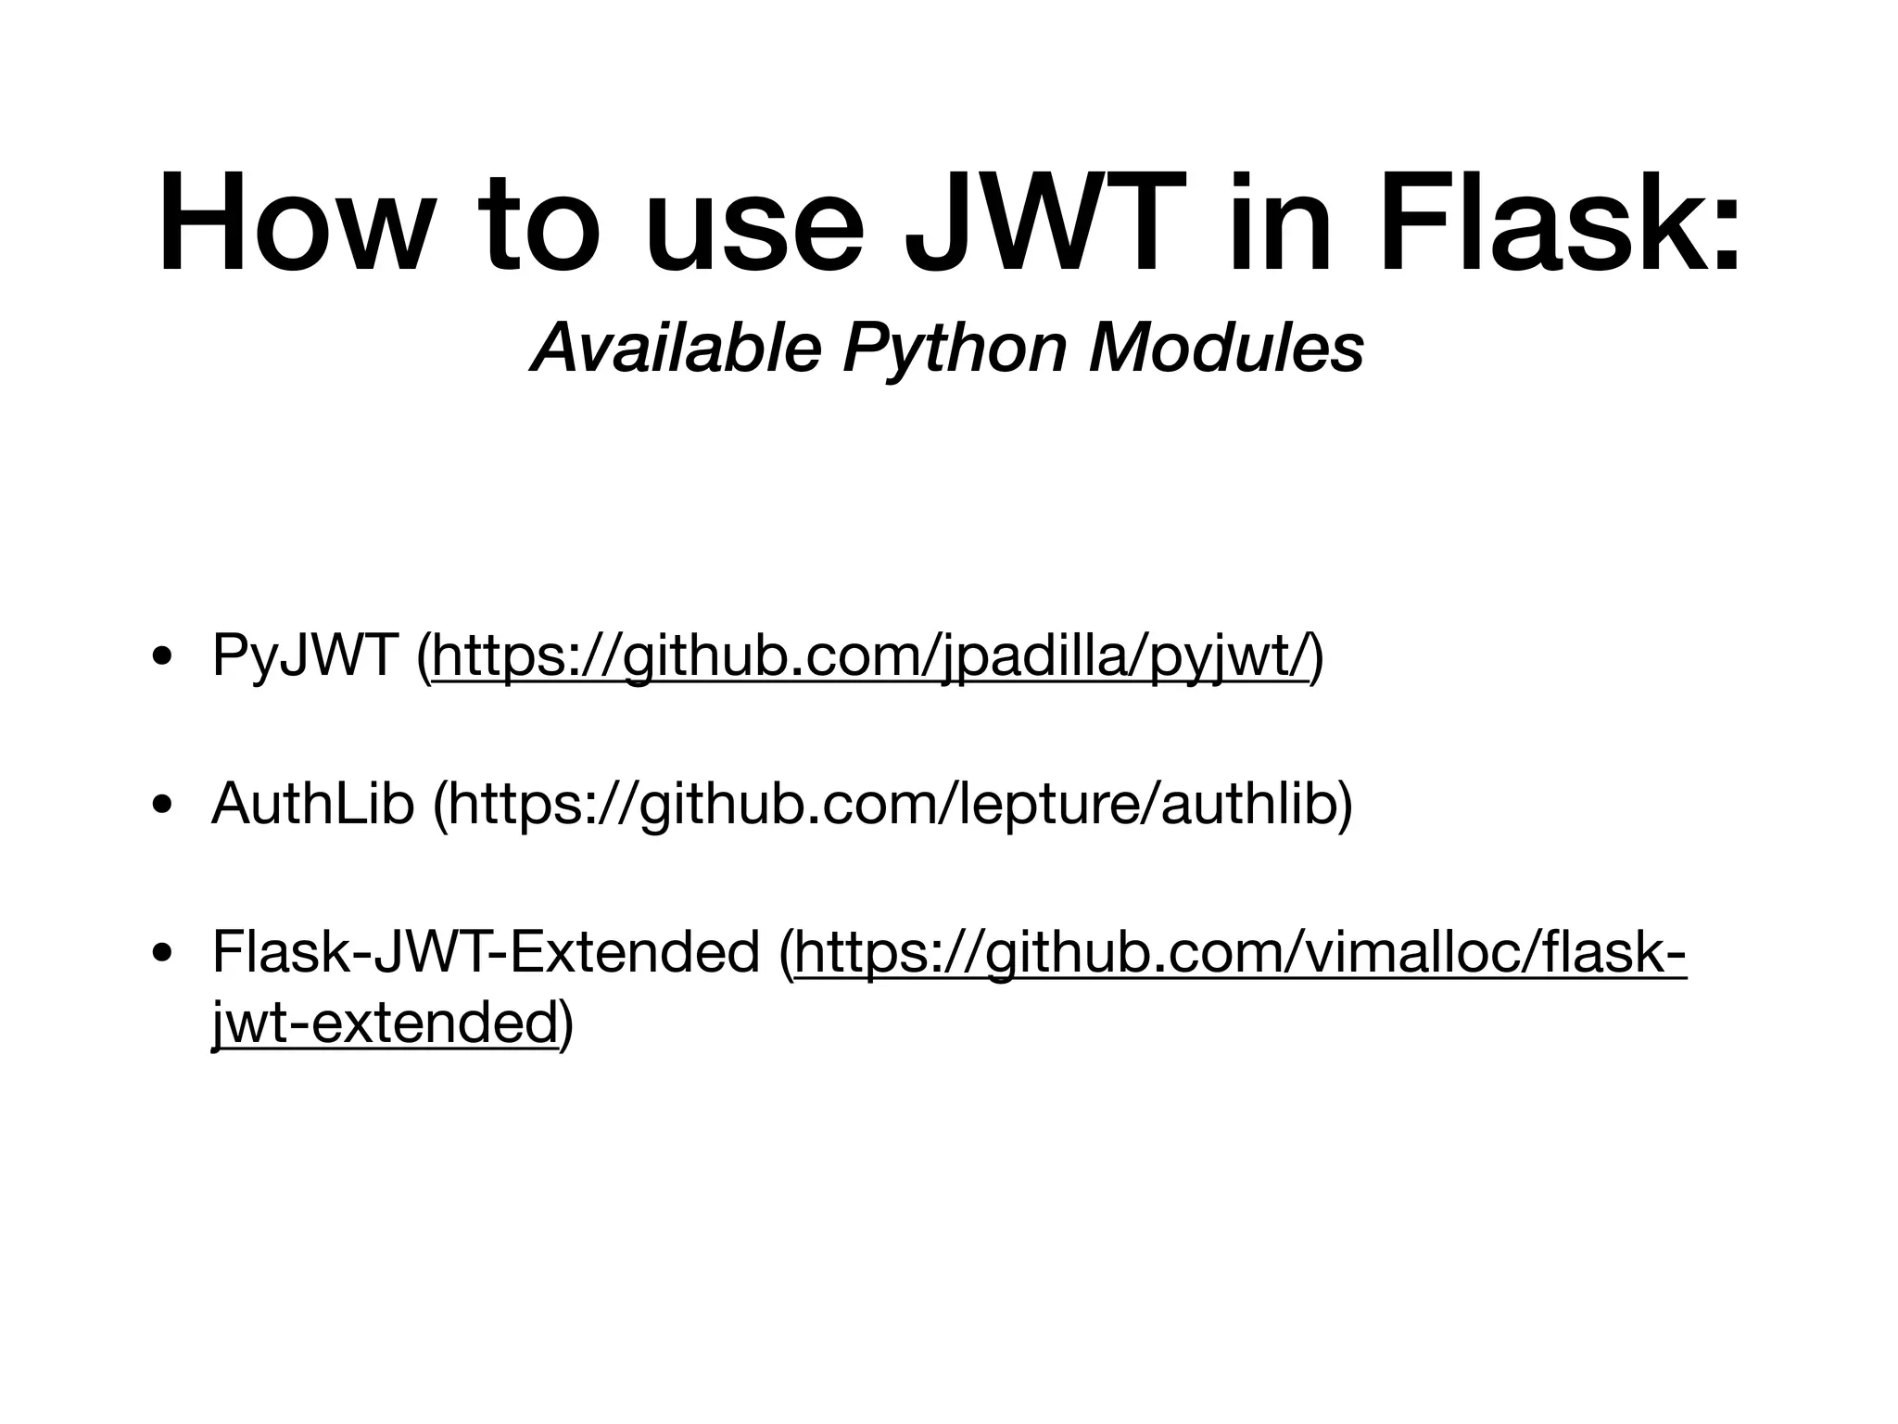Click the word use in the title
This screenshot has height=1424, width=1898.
tap(755, 232)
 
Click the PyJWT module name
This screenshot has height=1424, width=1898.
tap(305, 655)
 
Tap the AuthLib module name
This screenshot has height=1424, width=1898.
tap(312, 803)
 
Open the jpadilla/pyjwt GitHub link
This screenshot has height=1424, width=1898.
tap(872, 655)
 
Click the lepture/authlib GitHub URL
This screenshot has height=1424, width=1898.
tap(893, 803)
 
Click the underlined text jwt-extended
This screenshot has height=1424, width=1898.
tap(385, 1023)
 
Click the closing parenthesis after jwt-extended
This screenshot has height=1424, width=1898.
tap(566, 1023)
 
